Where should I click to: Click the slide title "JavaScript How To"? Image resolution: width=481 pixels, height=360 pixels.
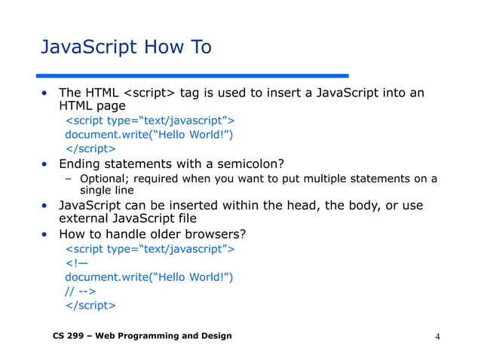tap(125, 48)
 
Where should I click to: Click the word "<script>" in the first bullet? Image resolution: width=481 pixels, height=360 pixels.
tap(149, 93)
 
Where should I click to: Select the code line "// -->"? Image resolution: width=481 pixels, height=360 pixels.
tap(79, 291)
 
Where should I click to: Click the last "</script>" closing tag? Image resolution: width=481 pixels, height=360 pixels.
tap(90, 306)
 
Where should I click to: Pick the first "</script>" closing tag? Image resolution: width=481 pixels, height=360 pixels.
tap(90, 148)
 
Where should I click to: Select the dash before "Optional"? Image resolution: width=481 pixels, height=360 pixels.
tap(68, 178)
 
